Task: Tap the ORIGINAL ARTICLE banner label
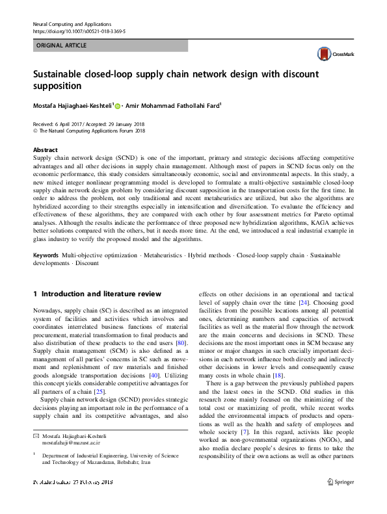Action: [x=60, y=45]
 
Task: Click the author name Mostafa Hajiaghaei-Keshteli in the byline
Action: [x=72, y=105]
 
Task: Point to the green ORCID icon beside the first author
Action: [x=118, y=105]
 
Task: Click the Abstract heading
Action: [x=45, y=149]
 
